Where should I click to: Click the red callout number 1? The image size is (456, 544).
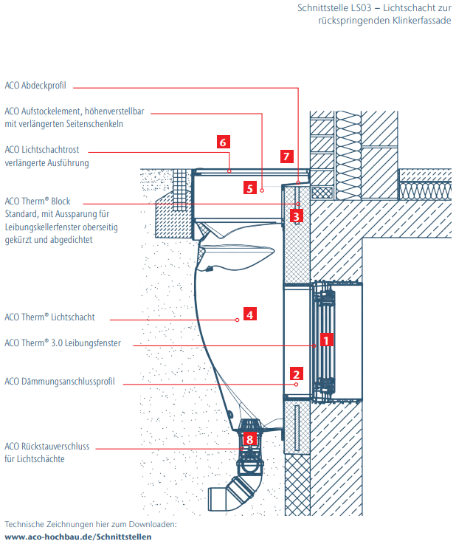pos(323,340)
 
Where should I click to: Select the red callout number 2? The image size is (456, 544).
pos(297,373)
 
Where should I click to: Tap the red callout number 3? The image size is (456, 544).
pos(295,216)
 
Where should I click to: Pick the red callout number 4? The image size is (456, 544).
pos(250,314)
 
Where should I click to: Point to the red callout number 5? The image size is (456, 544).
pos(250,188)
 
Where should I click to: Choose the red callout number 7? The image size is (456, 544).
pos(287,156)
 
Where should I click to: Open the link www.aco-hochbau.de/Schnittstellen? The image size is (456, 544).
pos(77,537)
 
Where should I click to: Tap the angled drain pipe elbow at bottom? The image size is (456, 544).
pos(229,494)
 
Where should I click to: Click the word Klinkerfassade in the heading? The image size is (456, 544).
pos(418,21)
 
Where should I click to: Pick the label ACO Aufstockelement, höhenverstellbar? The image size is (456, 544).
pos(74,111)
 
